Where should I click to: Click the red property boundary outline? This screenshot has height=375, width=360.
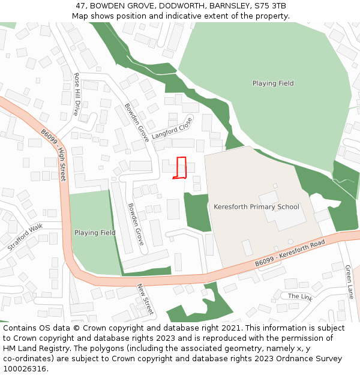click(181, 168)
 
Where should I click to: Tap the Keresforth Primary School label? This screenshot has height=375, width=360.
click(256, 207)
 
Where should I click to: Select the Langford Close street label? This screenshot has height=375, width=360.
click(172, 128)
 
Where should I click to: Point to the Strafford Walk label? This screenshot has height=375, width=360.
click(26, 237)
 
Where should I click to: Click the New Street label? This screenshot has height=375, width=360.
click(146, 299)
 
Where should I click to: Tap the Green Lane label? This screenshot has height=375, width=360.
click(349, 282)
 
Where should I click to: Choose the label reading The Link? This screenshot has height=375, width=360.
click(300, 296)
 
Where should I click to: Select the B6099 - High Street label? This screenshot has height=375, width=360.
click(54, 155)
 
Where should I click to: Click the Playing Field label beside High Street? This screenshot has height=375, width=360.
click(95, 233)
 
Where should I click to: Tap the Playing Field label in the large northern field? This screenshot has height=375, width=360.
click(273, 83)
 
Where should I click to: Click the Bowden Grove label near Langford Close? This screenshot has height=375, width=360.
click(136, 122)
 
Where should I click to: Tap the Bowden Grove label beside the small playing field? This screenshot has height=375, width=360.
click(135, 224)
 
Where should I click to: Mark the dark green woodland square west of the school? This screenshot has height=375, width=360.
click(197, 211)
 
